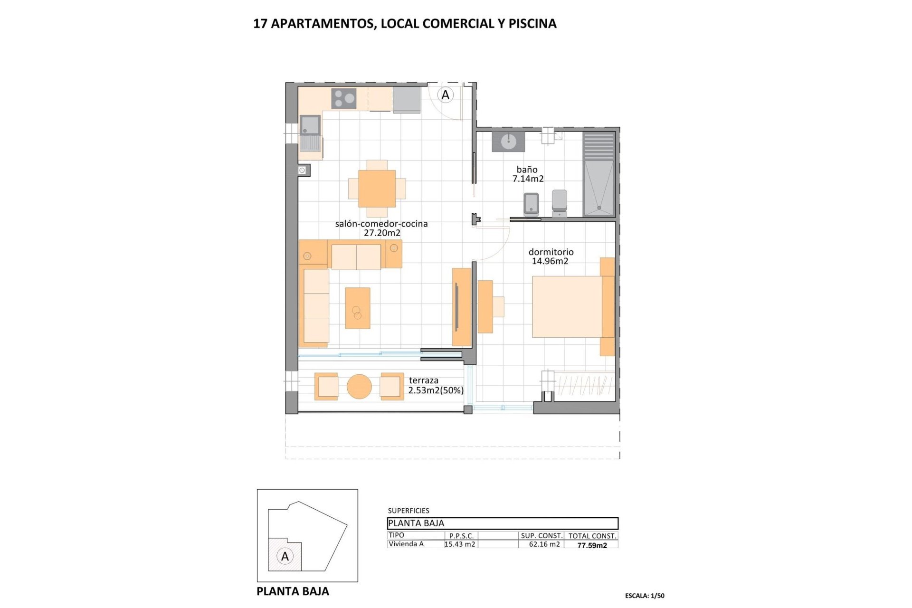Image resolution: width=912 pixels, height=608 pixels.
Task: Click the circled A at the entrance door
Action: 445,95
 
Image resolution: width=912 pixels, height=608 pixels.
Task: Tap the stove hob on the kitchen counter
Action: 345,98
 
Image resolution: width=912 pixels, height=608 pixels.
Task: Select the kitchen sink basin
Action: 310,125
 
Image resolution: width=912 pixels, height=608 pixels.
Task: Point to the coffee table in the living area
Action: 357,308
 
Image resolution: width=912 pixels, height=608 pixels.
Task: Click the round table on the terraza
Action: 359,387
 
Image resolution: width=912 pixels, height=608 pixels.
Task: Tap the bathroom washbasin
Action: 508,141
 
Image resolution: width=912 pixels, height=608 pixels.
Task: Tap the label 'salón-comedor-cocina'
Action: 381,224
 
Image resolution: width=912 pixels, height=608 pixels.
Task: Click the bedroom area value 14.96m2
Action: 550,261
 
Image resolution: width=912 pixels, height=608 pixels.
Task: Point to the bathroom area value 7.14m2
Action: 528,179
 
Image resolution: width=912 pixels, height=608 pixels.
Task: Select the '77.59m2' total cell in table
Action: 592,545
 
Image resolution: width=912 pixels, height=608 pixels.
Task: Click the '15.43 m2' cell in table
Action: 460,544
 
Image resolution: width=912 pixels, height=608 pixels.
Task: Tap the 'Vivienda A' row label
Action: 406,544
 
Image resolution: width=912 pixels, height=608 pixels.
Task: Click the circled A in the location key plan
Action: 285,556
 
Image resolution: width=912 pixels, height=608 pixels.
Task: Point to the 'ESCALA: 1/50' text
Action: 645,596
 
